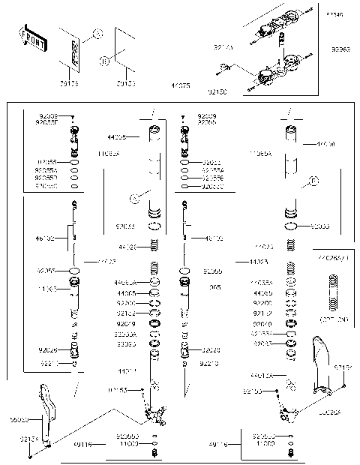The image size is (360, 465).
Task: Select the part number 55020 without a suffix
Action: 19,421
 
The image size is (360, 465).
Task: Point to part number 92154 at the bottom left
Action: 28,439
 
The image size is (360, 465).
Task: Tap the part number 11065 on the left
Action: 47,288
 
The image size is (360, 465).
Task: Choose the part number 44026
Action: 128,246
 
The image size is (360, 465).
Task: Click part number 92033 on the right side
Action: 320,225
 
